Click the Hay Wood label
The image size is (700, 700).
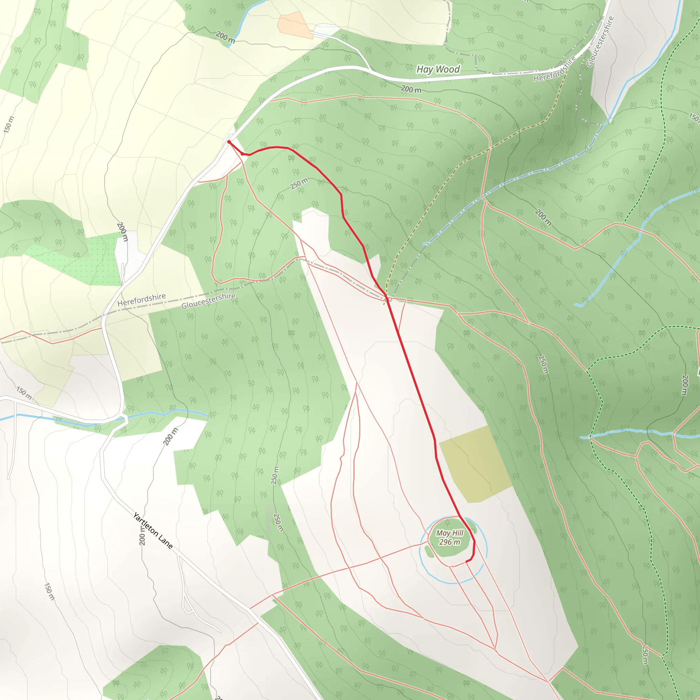point(438,69)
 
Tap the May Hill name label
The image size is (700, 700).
point(450,533)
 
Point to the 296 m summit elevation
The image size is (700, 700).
point(450,542)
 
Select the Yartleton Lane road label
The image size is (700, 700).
point(153,531)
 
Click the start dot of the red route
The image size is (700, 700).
point(229,142)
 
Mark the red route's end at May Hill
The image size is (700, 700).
point(466,562)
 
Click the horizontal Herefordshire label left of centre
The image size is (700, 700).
point(142,300)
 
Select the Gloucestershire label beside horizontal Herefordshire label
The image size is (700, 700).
point(208,301)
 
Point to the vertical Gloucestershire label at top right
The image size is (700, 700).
point(600,42)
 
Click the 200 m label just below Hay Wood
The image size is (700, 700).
point(411,89)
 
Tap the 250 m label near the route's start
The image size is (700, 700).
point(299,183)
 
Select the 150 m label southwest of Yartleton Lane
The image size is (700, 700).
point(49,591)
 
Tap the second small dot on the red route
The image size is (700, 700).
point(242,153)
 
